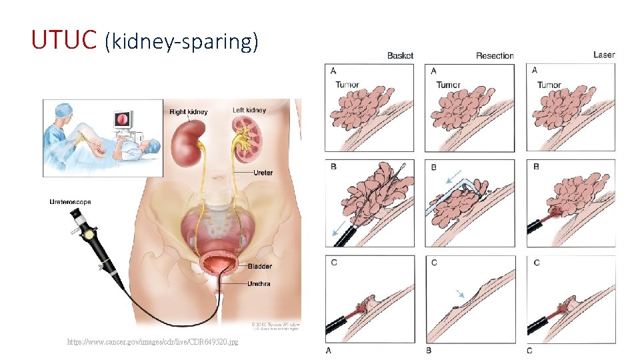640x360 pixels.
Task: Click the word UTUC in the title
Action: pos(64,41)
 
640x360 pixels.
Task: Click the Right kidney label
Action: pos(189,112)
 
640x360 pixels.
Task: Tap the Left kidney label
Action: pos(249,110)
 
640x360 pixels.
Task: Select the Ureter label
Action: pos(263,173)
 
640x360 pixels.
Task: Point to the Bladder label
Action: pos(259,266)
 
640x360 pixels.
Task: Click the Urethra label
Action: pos(259,283)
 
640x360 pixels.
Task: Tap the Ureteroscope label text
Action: pos(70,201)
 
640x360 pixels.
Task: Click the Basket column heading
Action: pos(400,55)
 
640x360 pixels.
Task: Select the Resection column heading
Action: pos(495,55)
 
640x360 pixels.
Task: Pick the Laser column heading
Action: pos(604,55)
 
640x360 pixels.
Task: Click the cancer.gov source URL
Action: pos(153,342)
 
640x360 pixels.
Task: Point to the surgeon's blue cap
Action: pos(63,108)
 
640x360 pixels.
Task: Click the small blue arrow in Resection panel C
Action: pos(459,293)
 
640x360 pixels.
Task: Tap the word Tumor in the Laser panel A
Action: pos(549,85)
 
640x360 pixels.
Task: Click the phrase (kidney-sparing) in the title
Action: pos(181,41)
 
